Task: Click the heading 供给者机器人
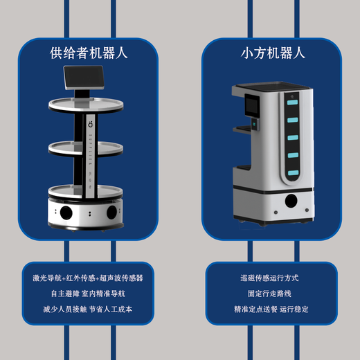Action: coord(89,53)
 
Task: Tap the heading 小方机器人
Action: coord(273,53)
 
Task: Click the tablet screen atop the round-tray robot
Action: coord(84,77)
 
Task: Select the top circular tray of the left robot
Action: coord(86,105)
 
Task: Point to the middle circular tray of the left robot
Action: coord(86,149)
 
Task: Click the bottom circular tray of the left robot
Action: coord(85,192)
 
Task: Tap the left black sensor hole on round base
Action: coord(66,213)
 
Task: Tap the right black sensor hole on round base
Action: coord(111,212)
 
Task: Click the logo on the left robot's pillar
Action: coord(91,125)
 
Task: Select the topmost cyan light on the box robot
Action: coord(292,102)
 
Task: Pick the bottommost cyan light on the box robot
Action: coord(293,172)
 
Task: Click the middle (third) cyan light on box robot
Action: coord(293,138)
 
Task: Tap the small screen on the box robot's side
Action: coord(252,105)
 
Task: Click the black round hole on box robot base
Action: coord(291,201)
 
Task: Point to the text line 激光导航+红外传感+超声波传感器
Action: coord(88,278)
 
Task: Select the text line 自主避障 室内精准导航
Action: coord(88,294)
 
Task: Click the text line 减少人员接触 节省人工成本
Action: coord(88,309)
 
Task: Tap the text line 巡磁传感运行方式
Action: coord(269,278)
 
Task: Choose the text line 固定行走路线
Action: coord(269,294)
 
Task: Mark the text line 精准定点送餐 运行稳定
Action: coord(271,309)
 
